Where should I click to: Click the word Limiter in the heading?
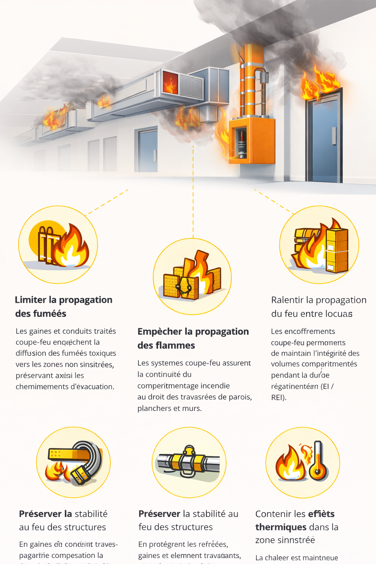point(30,300)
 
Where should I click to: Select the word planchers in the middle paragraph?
point(153,408)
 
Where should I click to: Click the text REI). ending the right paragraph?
point(279,397)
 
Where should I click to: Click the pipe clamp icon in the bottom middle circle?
point(189,462)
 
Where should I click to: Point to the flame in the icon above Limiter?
point(71,247)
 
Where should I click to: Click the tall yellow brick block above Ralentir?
point(336,250)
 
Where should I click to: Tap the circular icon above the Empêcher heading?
point(192,276)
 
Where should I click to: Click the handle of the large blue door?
point(334,136)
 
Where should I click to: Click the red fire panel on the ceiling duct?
point(170,83)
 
